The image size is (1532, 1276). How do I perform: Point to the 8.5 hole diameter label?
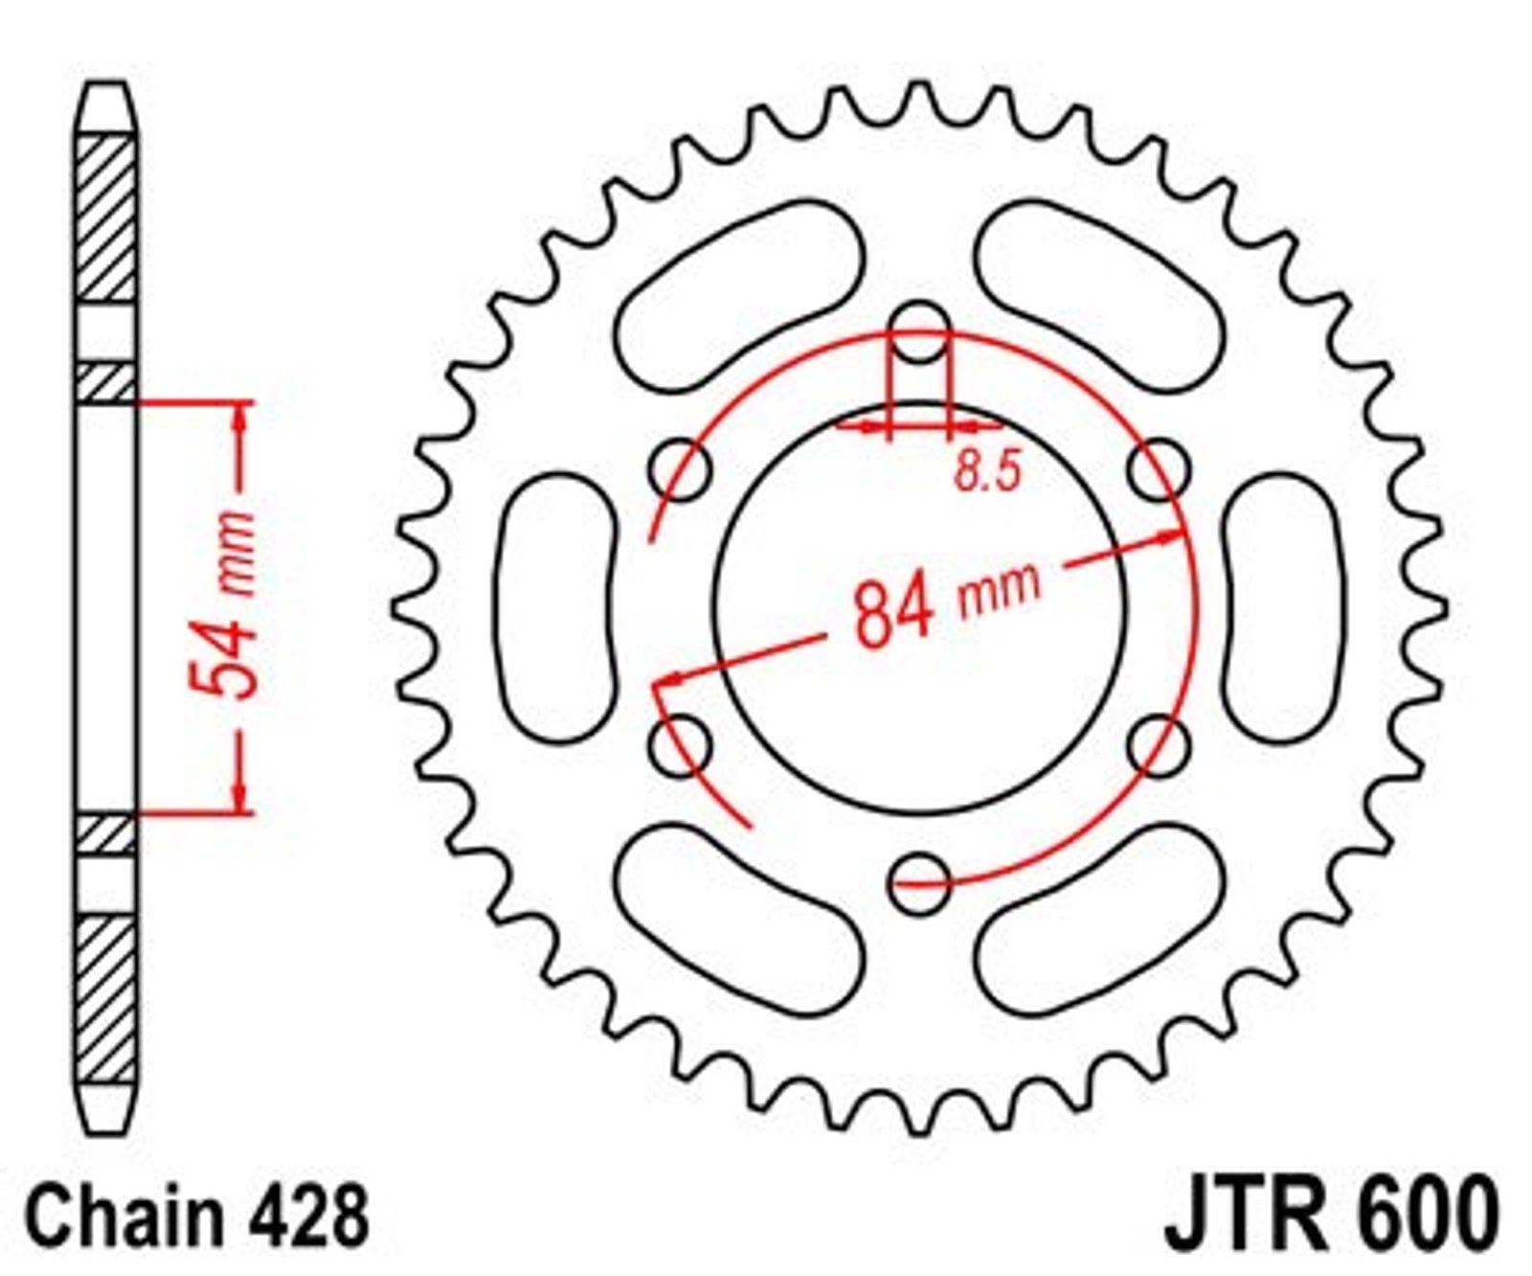click(x=989, y=471)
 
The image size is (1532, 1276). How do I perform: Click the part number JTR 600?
click(x=1330, y=1214)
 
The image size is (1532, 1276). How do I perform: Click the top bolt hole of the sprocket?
click(x=919, y=332)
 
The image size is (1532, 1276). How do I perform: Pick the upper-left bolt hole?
click(x=681, y=470)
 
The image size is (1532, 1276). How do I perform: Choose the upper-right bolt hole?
click(x=1159, y=470)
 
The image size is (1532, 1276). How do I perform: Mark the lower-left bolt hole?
click(x=681, y=745)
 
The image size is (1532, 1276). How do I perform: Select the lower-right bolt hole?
click(x=1159, y=745)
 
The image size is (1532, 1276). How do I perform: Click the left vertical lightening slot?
click(x=554, y=607)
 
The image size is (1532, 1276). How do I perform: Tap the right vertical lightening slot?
click(x=1285, y=607)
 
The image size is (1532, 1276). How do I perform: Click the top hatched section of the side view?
click(x=105, y=219)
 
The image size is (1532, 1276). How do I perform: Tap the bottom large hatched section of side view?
click(x=105, y=998)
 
